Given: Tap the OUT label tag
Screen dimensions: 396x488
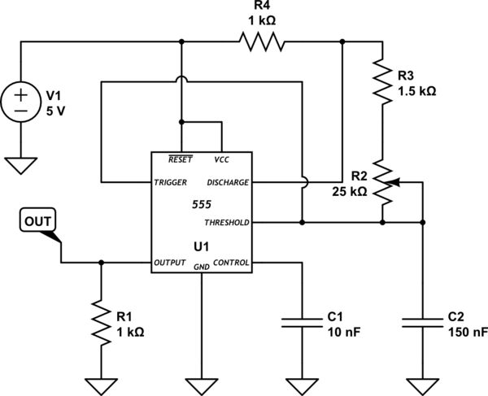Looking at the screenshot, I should click(x=37, y=220).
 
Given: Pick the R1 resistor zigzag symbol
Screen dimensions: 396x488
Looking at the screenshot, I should click(x=101, y=322).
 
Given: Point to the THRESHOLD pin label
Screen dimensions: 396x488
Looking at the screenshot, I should click(x=227, y=221).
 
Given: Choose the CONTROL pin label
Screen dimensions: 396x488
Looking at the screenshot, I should click(x=232, y=263).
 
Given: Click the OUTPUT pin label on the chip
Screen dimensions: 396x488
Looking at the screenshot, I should click(x=171, y=263).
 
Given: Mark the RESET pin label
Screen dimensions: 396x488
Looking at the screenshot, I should click(x=180, y=159).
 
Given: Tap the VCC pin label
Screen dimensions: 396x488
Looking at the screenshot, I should click(x=221, y=159).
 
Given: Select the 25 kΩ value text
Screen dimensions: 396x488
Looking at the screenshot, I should click(x=351, y=193).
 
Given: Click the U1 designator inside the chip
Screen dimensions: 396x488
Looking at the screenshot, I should click(x=201, y=244).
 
